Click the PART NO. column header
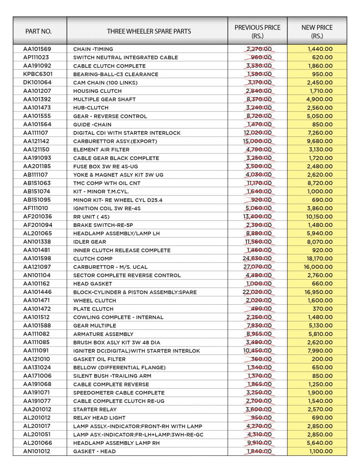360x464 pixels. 38,31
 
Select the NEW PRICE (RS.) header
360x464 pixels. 317,32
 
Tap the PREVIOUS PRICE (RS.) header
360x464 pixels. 257,32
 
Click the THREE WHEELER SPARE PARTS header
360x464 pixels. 149,31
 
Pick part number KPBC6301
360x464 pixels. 38,74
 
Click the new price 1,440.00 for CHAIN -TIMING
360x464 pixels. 320,49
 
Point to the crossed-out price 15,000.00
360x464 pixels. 257,141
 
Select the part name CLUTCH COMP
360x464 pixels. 93,259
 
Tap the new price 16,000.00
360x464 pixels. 318,267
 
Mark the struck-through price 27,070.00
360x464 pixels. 257,267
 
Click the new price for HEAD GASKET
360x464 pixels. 322,283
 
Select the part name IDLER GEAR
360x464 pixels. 89,242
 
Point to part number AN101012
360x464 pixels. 37,451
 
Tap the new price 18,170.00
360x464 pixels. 318,258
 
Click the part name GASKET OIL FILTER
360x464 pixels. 99,359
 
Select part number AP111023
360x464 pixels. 37,57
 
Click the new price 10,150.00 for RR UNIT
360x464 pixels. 318,217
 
